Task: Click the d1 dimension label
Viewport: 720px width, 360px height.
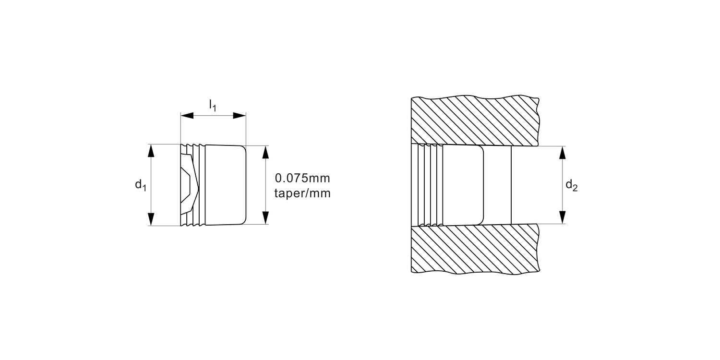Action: (140, 185)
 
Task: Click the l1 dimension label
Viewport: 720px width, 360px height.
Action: (212, 106)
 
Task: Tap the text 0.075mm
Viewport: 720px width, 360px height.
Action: (302, 179)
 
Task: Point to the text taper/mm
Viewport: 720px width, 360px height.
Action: (302, 194)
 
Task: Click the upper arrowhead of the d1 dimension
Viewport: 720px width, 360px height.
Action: (151, 150)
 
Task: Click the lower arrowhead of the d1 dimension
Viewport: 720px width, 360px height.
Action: (151, 219)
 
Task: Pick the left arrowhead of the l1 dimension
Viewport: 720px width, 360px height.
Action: (187, 116)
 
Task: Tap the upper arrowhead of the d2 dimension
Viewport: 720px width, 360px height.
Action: (563, 153)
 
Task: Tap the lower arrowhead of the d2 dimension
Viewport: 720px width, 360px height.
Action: (563, 217)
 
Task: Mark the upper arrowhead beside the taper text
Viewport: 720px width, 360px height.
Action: (265, 152)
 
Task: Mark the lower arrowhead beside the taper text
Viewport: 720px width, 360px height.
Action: (265, 217)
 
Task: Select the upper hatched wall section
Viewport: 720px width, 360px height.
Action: (475, 120)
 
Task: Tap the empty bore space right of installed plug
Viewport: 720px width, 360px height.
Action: (497, 185)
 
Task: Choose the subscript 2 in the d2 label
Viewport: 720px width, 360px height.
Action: (575, 189)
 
